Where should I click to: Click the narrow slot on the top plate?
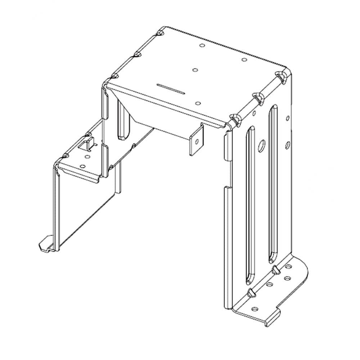click(171, 88)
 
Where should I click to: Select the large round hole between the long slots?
click(262, 145)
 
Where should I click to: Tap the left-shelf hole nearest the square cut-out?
click(87, 157)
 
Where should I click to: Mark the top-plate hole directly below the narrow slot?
click(198, 104)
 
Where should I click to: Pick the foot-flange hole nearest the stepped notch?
click(255, 309)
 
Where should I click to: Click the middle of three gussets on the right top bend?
click(257, 97)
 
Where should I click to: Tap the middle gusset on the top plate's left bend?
click(137, 54)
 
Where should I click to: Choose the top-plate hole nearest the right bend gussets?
click(244, 60)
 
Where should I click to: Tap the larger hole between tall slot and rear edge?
click(288, 145)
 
